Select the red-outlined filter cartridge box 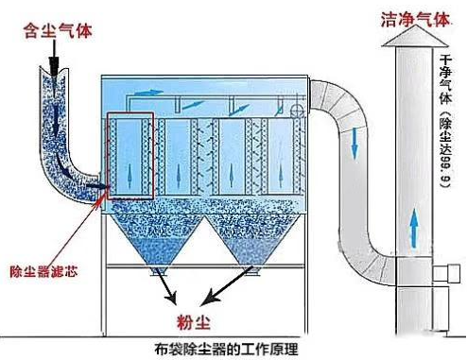131,156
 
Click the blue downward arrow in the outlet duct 354,141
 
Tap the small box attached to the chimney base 442,275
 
